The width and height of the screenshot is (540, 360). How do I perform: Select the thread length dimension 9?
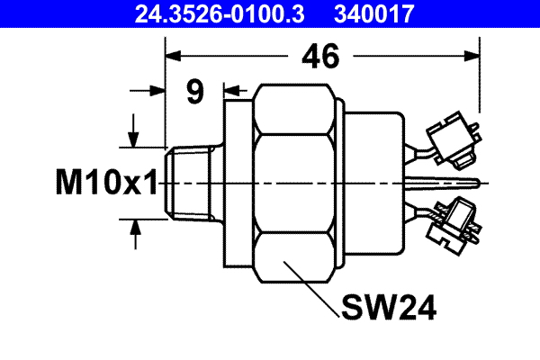tap(195, 92)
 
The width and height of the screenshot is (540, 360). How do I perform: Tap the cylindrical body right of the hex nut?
tap(373, 184)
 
